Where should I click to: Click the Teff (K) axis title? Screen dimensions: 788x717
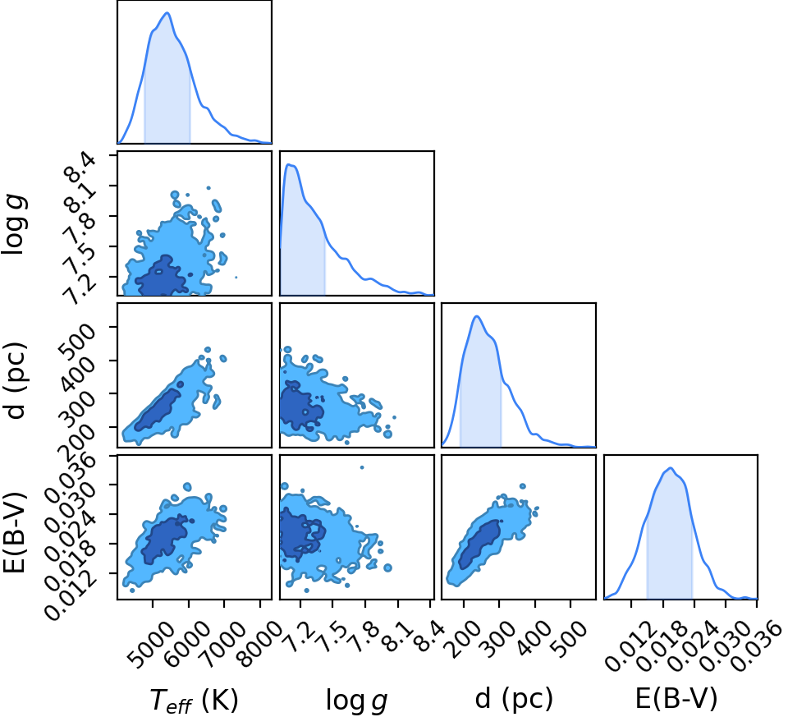point(194,700)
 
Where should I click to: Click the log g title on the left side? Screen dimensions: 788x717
point(15,225)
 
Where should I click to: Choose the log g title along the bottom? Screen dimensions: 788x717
point(356,700)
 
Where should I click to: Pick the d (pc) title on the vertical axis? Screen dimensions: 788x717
point(15,380)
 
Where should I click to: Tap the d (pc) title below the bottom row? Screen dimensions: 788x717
point(514,698)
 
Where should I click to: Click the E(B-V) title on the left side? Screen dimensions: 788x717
point(14,532)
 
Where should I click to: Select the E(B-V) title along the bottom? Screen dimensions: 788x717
point(676,698)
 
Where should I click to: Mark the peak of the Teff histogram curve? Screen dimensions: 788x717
point(167,13)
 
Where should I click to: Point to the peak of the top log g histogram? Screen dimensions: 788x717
point(288,164)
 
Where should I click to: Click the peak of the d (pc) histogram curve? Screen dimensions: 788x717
point(476,316)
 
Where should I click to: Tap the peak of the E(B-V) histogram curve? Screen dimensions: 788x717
point(671,468)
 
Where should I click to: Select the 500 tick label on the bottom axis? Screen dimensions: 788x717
point(570,637)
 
